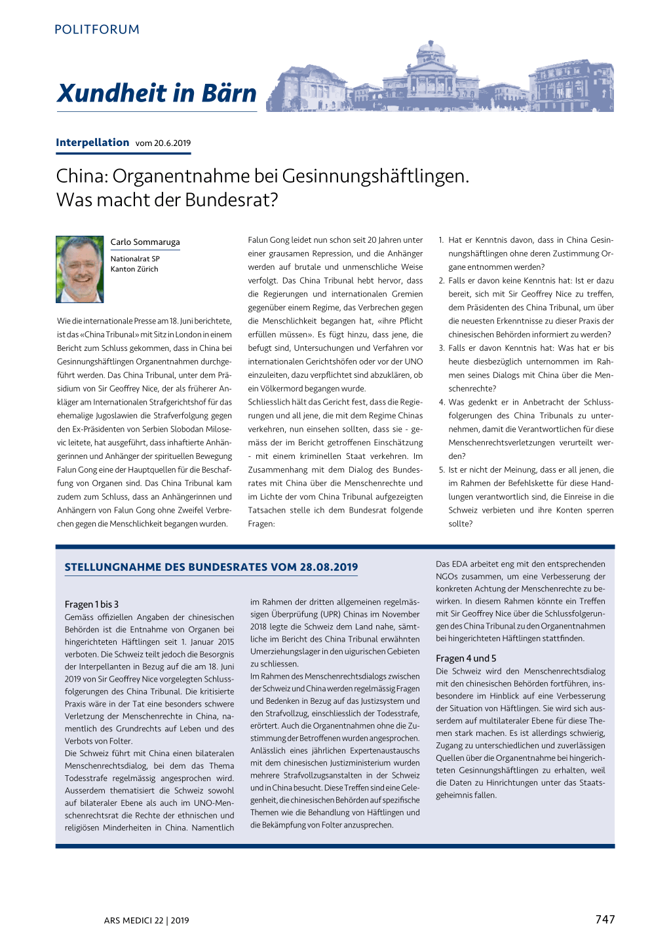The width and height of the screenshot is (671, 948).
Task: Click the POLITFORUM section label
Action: point(97,29)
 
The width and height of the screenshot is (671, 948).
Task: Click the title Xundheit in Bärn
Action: point(157,93)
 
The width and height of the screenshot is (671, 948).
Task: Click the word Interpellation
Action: point(92,143)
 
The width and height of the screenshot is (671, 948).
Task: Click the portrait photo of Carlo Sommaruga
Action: point(80,269)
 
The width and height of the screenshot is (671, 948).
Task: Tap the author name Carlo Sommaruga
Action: point(145,242)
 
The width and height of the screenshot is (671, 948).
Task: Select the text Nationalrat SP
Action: point(135,259)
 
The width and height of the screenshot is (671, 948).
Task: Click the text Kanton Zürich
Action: point(134,269)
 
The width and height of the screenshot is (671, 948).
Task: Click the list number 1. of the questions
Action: point(442,240)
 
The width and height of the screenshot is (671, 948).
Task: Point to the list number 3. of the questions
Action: point(442,348)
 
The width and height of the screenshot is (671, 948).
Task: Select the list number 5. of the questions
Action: point(442,470)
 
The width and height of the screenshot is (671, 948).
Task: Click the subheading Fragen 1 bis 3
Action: point(92,604)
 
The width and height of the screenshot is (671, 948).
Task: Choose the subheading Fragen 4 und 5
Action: point(466,659)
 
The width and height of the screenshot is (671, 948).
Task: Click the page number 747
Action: point(605,919)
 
